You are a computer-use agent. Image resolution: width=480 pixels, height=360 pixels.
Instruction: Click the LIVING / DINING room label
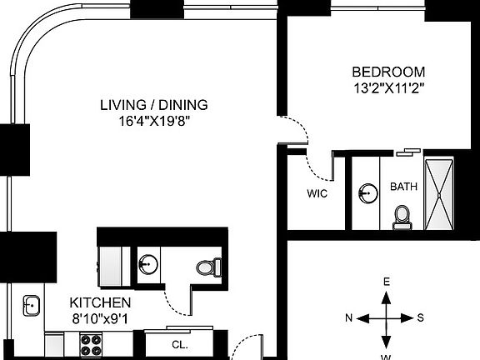153,105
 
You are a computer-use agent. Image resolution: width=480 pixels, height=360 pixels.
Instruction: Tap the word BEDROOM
387,72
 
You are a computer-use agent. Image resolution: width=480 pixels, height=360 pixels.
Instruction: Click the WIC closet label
317,193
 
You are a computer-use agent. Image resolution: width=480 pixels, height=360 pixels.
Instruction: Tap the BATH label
404,187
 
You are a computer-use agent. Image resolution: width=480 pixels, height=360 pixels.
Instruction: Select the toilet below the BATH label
402,216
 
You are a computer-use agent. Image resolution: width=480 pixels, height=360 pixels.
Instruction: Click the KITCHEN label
99,302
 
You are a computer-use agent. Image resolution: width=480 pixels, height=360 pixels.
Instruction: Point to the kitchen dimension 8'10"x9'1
99,317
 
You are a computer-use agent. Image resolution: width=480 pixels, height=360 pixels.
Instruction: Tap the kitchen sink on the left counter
32,305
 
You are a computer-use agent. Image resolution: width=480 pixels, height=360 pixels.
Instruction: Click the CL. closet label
179,343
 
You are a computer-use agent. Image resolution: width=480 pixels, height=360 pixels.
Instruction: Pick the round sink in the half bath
147,266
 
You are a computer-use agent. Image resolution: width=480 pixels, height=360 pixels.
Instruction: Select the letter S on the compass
421,317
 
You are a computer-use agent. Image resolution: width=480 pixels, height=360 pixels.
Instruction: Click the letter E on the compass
386,282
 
